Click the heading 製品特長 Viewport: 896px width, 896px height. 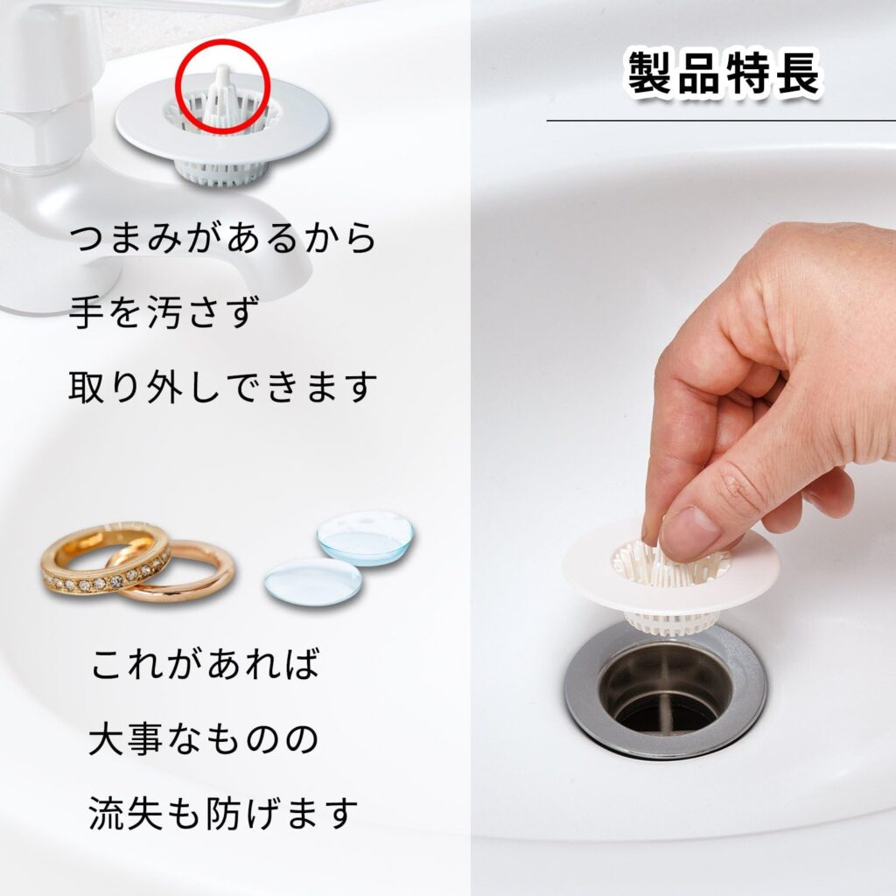tap(724, 75)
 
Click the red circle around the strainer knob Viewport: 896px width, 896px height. tap(222, 87)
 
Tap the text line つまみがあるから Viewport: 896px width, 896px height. tap(223, 239)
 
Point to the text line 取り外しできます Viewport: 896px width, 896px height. tap(223, 386)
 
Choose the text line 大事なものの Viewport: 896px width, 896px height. tap(204, 740)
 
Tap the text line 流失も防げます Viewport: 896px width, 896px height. tap(223, 814)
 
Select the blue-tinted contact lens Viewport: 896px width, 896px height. tap(365, 536)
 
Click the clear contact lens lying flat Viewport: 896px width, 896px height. tap(312, 581)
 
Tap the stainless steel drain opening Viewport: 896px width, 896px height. tap(665, 691)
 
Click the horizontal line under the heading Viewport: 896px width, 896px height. tap(721, 120)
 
